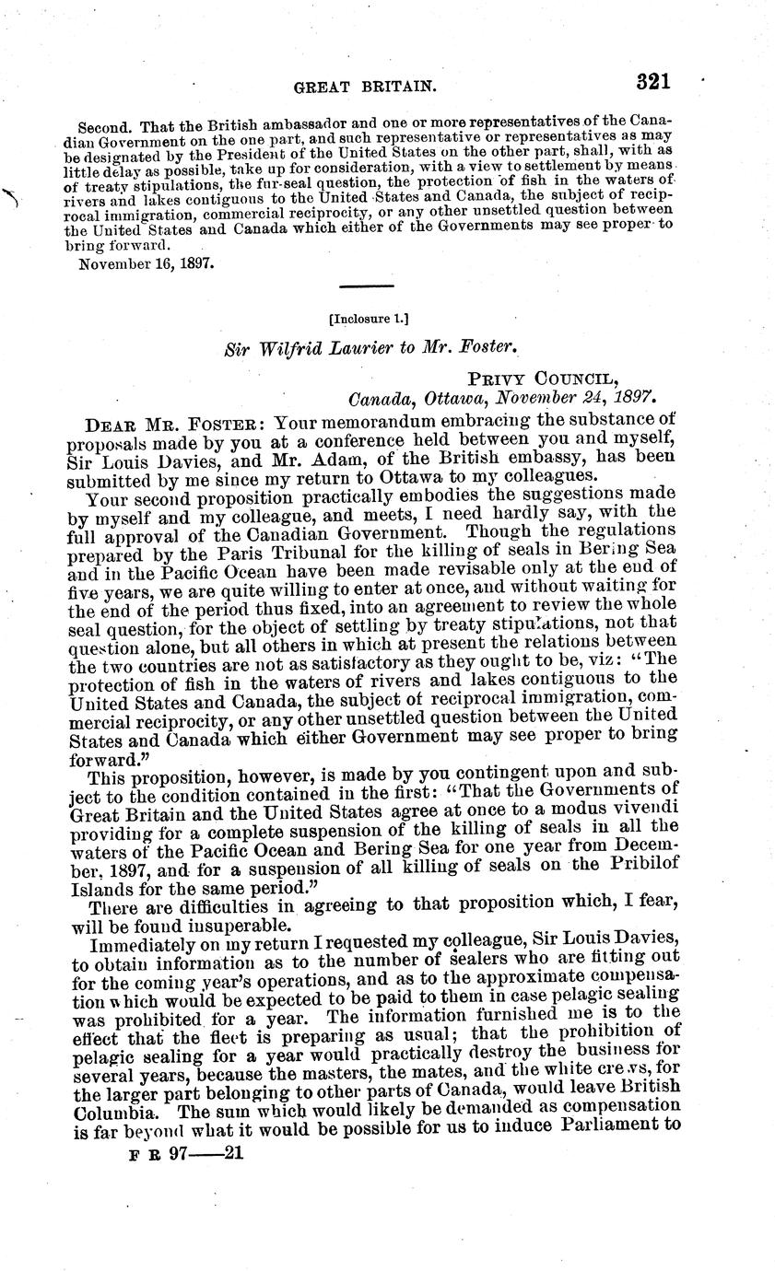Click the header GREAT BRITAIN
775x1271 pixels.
[364, 87]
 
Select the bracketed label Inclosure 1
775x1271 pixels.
[368, 320]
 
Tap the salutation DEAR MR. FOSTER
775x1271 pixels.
[172, 426]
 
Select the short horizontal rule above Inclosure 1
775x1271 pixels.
[367, 286]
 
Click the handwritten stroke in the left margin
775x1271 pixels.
[12, 197]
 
